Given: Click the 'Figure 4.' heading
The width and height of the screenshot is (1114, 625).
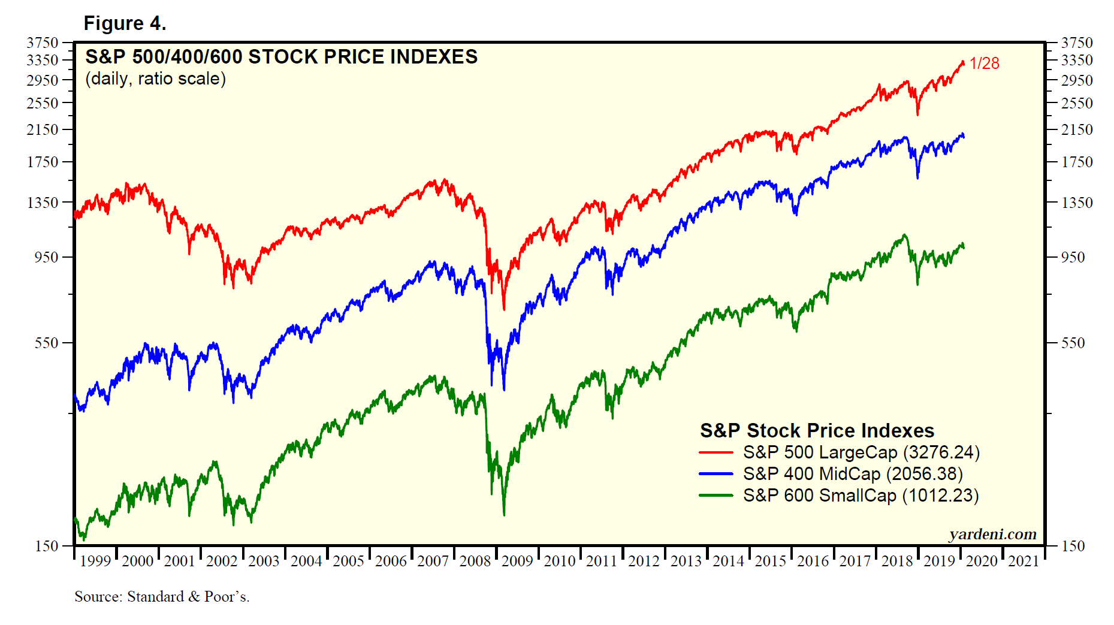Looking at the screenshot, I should (x=125, y=23).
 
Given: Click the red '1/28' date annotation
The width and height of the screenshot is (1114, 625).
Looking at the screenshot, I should (x=984, y=64).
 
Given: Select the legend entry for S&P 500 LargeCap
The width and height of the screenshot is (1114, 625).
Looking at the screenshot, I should (x=861, y=452).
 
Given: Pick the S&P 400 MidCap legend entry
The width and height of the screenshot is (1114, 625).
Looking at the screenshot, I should (x=853, y=474).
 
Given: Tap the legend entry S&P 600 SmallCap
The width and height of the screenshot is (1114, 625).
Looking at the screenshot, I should (x=861, y=496).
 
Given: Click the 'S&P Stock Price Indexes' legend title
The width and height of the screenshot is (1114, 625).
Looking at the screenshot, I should (x=817, y=430).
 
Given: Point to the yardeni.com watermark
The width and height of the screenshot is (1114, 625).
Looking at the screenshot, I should (x=992, y=534).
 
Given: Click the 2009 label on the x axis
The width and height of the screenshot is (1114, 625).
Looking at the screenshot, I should (x=517, y=561).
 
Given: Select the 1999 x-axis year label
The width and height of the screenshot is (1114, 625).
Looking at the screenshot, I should (x=95, y=561).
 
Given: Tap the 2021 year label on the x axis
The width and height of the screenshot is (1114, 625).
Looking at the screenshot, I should (x=1024, y=561).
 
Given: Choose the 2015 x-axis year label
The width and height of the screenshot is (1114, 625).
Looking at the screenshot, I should (x=770, y=561).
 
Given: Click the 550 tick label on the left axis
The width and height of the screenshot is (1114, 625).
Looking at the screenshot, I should (x=47, y=343).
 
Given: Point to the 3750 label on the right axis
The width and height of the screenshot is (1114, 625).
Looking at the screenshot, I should (x=1077, y=43).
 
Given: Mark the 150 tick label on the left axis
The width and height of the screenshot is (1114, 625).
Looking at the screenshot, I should (x=47, y=546).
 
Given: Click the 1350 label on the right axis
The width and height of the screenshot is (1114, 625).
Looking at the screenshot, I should (x=1077, y=203).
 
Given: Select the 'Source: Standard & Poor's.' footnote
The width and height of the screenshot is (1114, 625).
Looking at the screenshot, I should (x=162, y=597).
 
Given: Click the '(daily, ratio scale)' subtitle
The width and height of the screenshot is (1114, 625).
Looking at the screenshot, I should (x=155, y=78).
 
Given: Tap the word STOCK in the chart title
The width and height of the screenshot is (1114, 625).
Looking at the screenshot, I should (x=283, y=57).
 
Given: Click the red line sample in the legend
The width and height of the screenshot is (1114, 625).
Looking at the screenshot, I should (x=716, y=452).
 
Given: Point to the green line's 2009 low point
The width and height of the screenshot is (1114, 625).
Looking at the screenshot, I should (x=504, y=514).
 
